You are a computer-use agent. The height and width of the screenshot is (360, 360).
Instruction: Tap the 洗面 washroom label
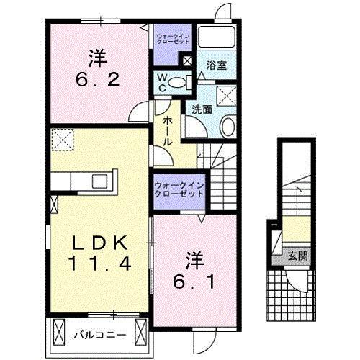click(202, 109)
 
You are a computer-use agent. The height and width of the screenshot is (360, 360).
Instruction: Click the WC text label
click(162, 81)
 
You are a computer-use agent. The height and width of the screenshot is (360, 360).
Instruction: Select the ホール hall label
click(167, 131)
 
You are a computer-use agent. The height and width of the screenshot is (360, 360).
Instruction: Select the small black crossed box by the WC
click(188, 61)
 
